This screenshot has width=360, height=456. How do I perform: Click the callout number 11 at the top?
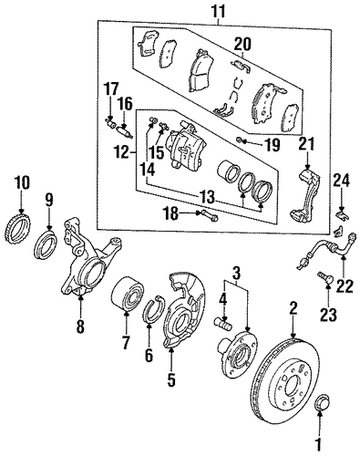click(219, 11)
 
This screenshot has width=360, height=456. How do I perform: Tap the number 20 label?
click(242, 44)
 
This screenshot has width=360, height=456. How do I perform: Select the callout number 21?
click(307, 144)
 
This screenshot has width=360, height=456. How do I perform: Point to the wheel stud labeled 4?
click(223, 322)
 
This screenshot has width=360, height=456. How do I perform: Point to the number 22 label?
click(345, 285)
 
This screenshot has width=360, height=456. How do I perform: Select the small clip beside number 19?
click(241, 140)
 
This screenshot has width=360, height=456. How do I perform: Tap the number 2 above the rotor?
click(293, 310)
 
